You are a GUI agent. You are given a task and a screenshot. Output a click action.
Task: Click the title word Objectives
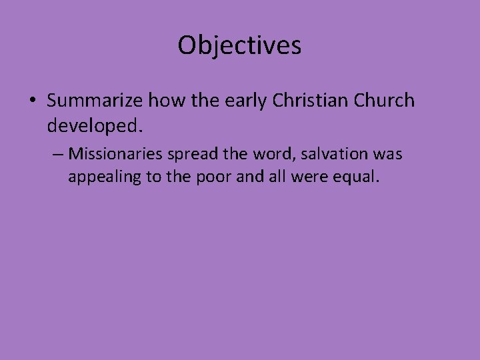(239, 45)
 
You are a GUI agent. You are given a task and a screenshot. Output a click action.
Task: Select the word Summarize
(95, 101)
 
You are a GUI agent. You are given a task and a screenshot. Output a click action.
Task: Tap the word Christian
(307, 101)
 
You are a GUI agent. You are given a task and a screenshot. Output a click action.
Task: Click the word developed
(94, 125)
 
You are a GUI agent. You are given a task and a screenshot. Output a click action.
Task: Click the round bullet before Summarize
(33, 101)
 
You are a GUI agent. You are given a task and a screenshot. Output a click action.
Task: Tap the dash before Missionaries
(57, 154)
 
